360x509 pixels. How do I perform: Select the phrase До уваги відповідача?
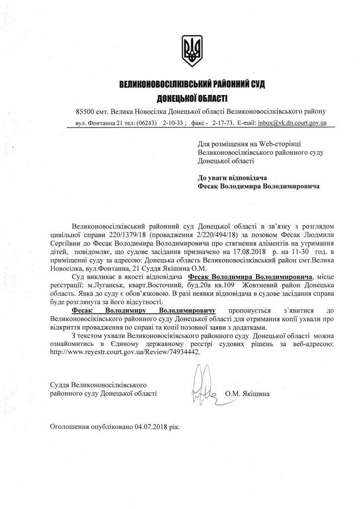[233, 177]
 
